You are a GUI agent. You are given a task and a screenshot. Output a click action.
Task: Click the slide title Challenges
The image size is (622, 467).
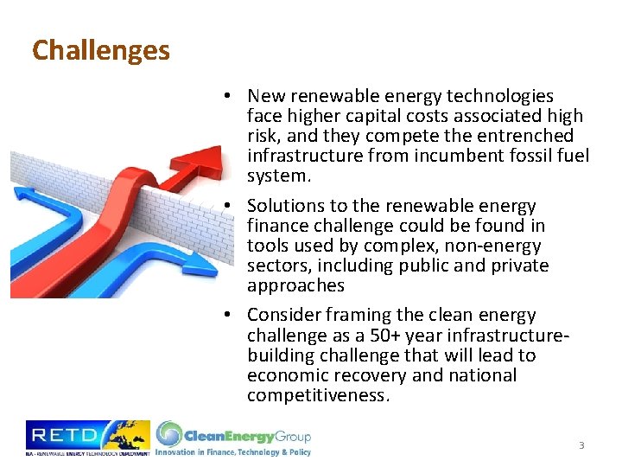point(100,50)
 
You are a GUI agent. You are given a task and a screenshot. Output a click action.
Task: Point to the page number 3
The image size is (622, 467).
point(581,445)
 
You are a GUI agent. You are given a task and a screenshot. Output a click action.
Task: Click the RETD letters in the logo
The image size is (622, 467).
point(67,432)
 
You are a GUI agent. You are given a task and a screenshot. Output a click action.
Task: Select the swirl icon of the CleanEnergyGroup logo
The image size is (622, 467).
point(169,433)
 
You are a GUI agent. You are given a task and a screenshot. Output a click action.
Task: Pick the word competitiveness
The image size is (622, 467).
point(318,395)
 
